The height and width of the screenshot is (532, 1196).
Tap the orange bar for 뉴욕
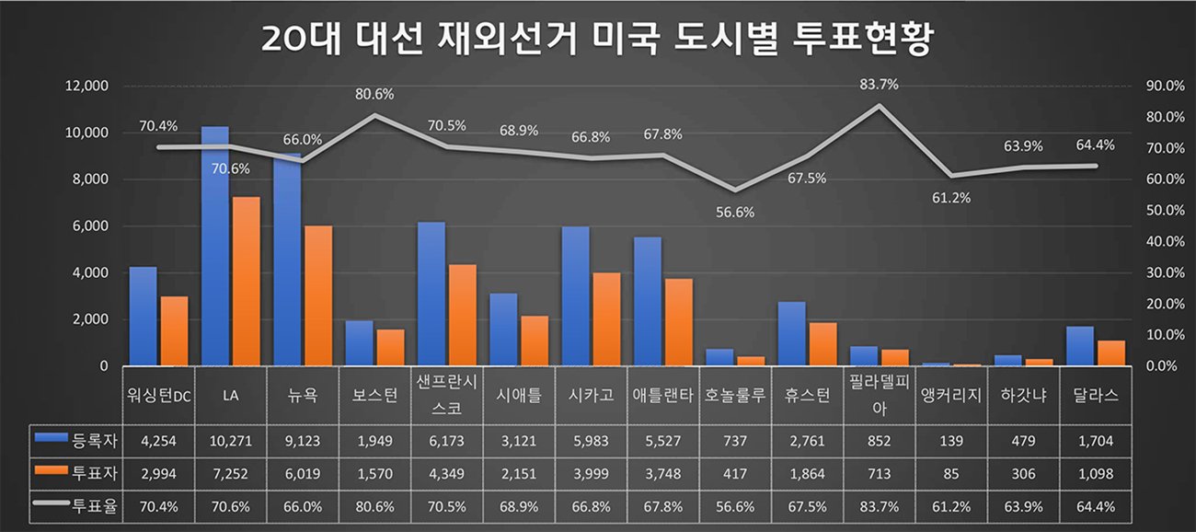pos(318,295)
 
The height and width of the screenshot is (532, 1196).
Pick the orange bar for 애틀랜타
pos(678,322)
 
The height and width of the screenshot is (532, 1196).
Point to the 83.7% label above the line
pos(879,84)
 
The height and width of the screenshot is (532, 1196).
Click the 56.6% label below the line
pos(734,212)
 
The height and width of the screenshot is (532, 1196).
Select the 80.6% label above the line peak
pos(374,94)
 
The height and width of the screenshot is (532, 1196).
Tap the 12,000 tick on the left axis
pos(86,86)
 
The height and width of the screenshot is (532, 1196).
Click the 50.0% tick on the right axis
pos(1160,211)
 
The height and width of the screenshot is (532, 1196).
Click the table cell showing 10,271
pos(231,441)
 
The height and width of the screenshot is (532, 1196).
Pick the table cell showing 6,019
pos(303,474)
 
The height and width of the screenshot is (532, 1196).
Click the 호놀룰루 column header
pos(734,396)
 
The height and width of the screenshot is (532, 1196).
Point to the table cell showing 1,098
pos(1095,474)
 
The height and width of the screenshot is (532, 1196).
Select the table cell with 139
pos(951,441)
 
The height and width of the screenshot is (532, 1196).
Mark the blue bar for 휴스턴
pos(791,333)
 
